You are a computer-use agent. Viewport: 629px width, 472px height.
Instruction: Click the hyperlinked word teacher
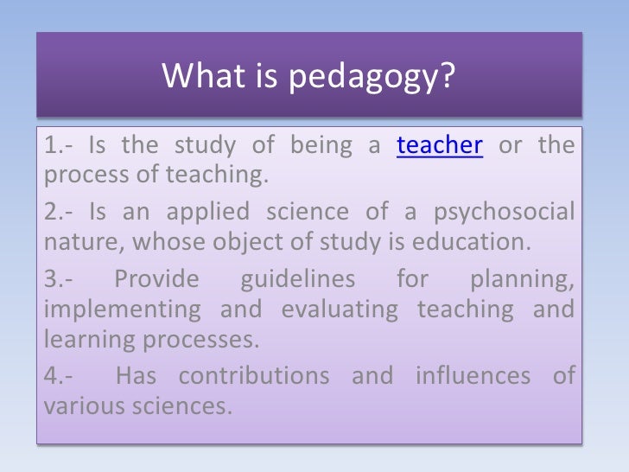pyautogui.click(x=439, y=145)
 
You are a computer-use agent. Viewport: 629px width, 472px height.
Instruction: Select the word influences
pyautogui.click(x=472, y=376)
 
